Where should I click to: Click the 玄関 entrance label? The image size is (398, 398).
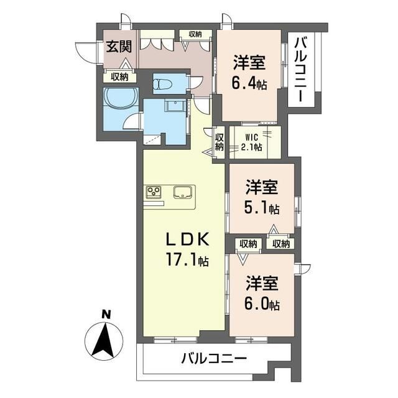(119, 47)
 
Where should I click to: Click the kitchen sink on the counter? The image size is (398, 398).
(183, 192)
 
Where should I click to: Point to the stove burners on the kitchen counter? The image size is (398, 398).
(154, 191)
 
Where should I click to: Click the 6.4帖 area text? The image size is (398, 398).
(249, 85)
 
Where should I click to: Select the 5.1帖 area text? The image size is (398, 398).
(262, 209)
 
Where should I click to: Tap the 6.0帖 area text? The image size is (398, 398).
(262, 305)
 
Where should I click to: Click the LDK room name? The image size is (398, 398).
(188, 239)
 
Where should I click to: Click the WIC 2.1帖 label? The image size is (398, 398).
(251, 142)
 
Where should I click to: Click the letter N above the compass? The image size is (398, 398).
(106, 315)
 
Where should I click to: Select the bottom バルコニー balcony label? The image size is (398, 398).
(214, 359)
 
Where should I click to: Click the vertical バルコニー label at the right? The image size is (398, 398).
(301, 69)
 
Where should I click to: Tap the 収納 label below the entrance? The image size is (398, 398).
(119, 77)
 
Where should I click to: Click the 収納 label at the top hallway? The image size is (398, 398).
(195, 34)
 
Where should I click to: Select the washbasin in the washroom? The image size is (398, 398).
(175, 104)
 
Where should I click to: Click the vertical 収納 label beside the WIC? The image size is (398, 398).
(220, 142)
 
